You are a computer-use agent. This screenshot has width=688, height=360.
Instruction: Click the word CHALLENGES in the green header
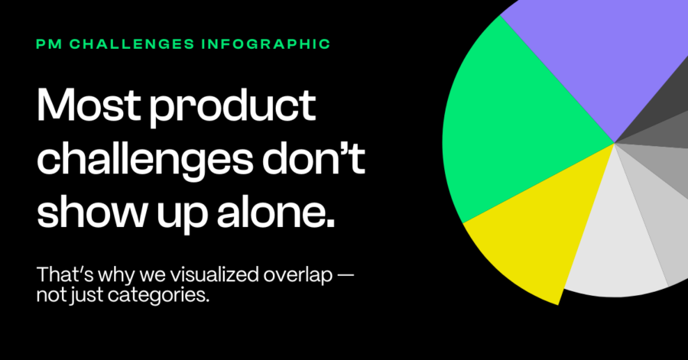click(132, 44)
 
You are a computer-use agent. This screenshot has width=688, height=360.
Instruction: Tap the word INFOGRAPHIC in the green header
click(266, 44)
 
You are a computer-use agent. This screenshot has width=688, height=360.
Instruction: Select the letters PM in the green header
click(49, 44)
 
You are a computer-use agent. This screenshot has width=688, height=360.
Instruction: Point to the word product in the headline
click(232, 108)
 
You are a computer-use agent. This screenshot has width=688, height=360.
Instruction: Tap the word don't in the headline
click(313, 158)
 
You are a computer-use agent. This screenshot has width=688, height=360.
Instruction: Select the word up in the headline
click(183, 216)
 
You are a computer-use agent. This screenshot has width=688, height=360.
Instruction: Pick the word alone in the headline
click(275, 212)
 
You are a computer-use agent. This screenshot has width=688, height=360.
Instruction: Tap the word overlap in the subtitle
click(298, 276)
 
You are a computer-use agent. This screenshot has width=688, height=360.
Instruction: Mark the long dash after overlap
click(346, 276)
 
